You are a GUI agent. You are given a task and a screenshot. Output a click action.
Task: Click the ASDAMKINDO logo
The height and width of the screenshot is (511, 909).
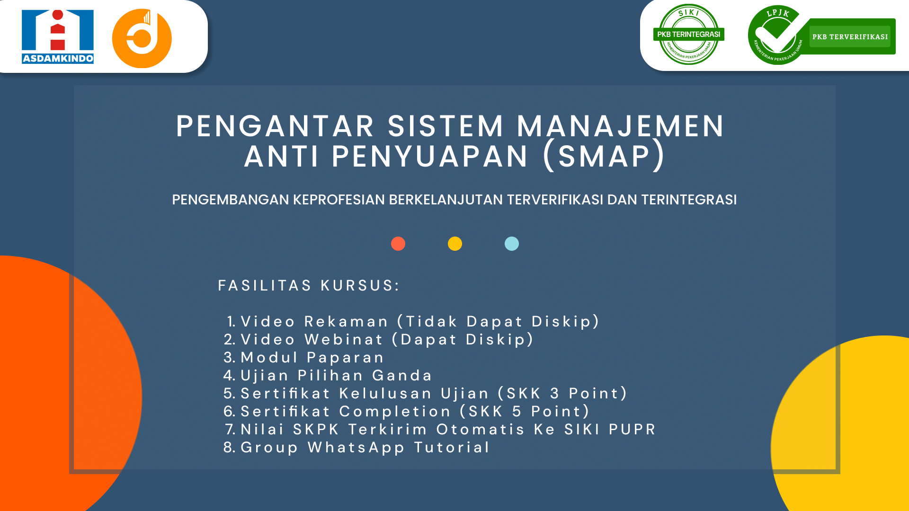tap(58, 36)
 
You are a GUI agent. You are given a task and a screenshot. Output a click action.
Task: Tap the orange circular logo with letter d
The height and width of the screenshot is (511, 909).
tap(142, 38)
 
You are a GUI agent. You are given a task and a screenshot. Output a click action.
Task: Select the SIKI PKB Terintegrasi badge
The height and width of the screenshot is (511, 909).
tap(688, 35)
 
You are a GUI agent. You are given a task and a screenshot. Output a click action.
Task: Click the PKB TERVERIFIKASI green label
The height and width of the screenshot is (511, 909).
tap(850, 37)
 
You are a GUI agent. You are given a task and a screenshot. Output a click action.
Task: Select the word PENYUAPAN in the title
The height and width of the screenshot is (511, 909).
tap(430, 157)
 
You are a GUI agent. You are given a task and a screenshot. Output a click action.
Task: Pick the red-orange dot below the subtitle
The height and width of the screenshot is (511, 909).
tap(398, 244)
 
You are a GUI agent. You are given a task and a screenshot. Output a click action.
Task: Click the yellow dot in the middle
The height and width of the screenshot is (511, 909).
tap(455, 244)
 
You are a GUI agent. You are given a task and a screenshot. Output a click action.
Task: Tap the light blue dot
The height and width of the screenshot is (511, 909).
tap(512, 244)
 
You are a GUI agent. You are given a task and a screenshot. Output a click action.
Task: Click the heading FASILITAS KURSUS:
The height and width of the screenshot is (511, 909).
tap(309, 286)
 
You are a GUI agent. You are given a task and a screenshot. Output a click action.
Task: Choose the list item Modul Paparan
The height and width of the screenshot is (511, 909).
tap(312, 358)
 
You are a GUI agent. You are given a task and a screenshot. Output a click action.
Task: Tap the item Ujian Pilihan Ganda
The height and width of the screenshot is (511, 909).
tap(336, 376)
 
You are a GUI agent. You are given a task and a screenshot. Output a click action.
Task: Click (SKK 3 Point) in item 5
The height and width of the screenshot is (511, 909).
tap(562, 394)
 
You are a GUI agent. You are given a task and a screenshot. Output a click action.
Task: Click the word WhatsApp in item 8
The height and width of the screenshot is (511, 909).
tap(356, 448)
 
